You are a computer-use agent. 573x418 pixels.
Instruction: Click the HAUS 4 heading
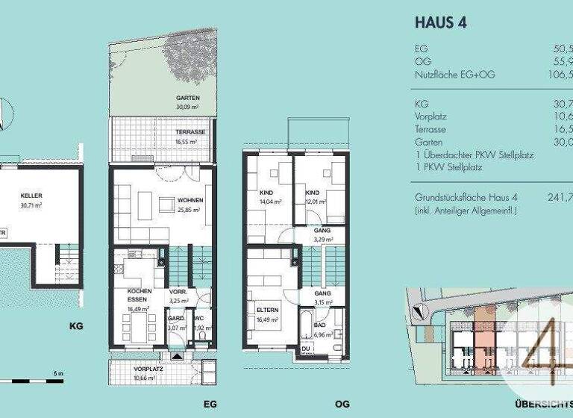(x=440, y=22)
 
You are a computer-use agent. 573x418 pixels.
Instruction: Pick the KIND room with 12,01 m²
(x=313, y=196)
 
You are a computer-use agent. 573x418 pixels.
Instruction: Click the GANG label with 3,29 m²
(x=322, y=235)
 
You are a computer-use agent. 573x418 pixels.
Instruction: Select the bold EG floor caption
(x=210, y=404)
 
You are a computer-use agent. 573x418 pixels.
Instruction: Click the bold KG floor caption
(x=75, y=326)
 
